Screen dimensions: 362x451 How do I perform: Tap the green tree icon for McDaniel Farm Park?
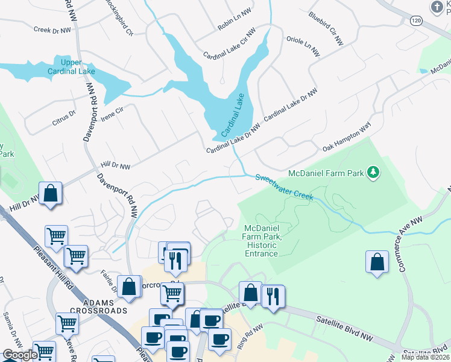click(x=374, y=173)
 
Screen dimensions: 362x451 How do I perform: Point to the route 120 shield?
click(x=415, y=21)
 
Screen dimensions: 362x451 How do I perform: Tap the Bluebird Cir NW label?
click(x=325, y=28)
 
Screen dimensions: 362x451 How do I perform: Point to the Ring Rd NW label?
click(x=250, y=332)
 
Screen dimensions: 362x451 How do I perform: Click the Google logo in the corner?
click(x=20, y=355)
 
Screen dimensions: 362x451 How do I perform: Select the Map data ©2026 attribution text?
click(x=425, y=357)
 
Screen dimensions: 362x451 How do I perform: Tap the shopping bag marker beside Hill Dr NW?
click(x=51, y=194)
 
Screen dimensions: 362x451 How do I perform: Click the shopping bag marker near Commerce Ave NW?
click(x=377, y=262)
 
